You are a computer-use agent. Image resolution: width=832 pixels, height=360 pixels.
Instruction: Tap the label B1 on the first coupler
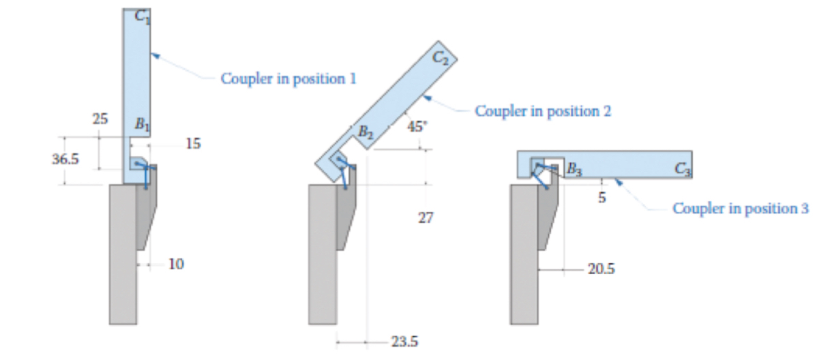[x=141, y=125]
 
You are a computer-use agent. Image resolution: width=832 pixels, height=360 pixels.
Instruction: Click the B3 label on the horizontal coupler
[x=575, y=168]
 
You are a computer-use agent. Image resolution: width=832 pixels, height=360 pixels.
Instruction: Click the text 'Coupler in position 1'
[x=288, y=78]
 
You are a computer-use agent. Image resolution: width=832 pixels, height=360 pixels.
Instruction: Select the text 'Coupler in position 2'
[x=542, y=110]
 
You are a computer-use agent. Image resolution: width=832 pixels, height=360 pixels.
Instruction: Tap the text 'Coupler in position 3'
[x=741, y=208]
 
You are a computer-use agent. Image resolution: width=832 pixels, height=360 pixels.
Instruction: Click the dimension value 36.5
[x=65, y=160]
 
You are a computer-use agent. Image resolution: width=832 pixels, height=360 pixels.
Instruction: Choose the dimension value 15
[x=193, y=144]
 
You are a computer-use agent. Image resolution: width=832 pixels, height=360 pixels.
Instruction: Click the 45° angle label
[x=417, y=126]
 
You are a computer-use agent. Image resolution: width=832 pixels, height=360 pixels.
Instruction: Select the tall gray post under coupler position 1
[x=121, y=259]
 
